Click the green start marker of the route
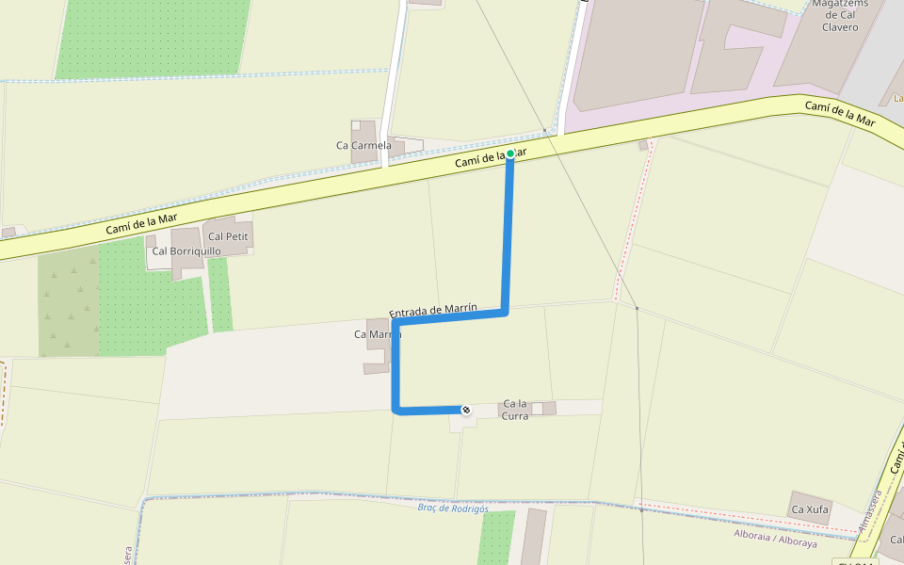[x=510, y=153]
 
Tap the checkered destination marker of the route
[x=465, y=410]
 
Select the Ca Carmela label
[x=363, y=145]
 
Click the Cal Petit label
[x=228, y=236]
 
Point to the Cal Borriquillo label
[x=186, y=251]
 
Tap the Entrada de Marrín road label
[x=433, y=310]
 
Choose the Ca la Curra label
[x=516, y=410]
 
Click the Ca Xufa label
[x=810, y=509]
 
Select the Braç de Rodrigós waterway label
[x=453, y=508]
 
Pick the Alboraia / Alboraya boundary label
[x=775, y=539]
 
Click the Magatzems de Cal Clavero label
[x=840, y=15]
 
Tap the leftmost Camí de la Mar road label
[x=141, y=223]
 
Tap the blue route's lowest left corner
[x=396, y=410]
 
